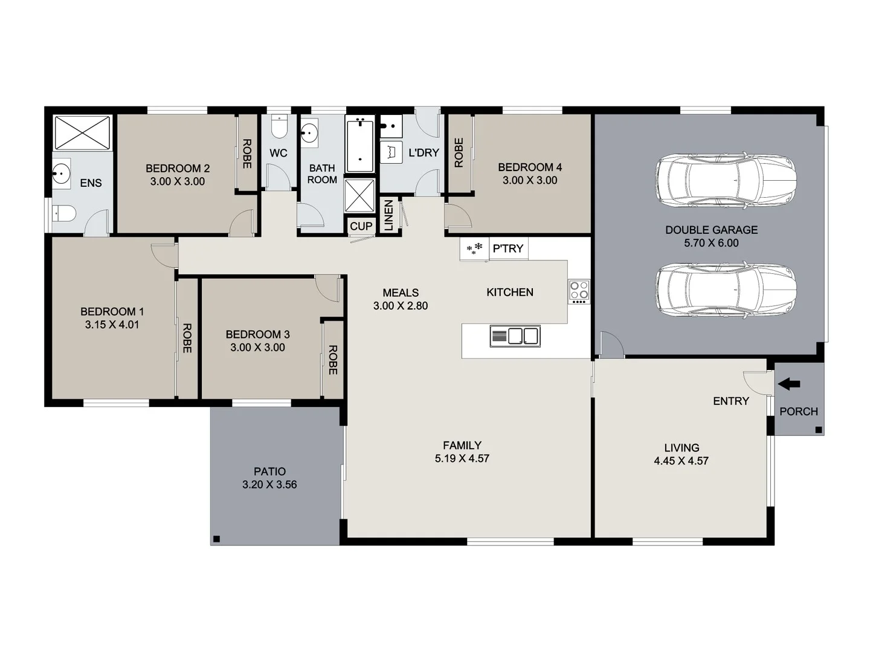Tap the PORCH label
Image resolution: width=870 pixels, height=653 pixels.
pyautogui.click(x=798, y=411)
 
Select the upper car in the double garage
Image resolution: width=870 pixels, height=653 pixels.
pyautogui.click(x=726, y=181)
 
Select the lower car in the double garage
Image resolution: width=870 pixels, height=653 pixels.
pyautogui.click(x=726, y=290)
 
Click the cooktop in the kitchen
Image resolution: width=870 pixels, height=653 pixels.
pyautogui.click(x=579, y=292)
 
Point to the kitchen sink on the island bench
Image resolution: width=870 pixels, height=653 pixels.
pyautogui.click(x=515, y=336)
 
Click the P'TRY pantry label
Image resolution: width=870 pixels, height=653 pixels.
pyautogui.click(x=507, y=249)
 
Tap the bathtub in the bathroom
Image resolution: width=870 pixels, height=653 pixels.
pyautogui.click(x=360, y=145)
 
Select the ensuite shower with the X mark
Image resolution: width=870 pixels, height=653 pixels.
pyautogui.click(x=83, y=132)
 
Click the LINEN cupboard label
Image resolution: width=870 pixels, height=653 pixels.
pyautogui.click(x=389, y=215)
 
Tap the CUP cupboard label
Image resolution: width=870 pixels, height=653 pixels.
pyautogui.click(x=361, y=226)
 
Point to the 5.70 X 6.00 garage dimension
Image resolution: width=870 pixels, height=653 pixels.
pyautogui.click(x=711, y=243)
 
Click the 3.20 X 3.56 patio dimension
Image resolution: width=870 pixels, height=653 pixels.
pyautogui.click(x=269, y=484)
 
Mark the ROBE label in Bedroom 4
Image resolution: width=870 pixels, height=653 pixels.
pyautogui.click(x=459, y=153)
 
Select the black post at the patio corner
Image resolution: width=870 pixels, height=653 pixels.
pyautogui.click(x=216, y=539)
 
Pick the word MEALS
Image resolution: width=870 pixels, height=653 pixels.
pyautogui.click(x=400, y=293)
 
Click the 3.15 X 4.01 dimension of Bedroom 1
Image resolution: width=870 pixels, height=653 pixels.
pyautogui.click(x=112, y=325)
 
